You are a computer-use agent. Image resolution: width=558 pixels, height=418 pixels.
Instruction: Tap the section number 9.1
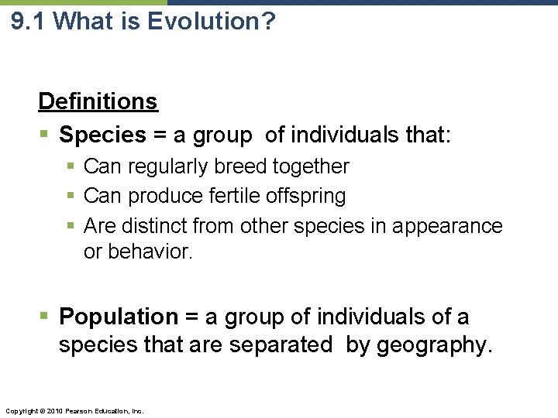[x=30, y=21]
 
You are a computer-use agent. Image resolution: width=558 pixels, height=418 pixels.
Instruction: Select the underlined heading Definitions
[x=98, y=101]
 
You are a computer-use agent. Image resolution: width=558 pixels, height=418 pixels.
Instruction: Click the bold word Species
[x=102, y=135]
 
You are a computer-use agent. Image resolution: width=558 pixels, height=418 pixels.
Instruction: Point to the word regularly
[x=162, y=166]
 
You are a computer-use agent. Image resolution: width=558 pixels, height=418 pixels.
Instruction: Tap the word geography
[x=434, y=344]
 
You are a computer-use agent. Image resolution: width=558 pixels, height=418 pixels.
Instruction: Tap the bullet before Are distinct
[x=71, y=226]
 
